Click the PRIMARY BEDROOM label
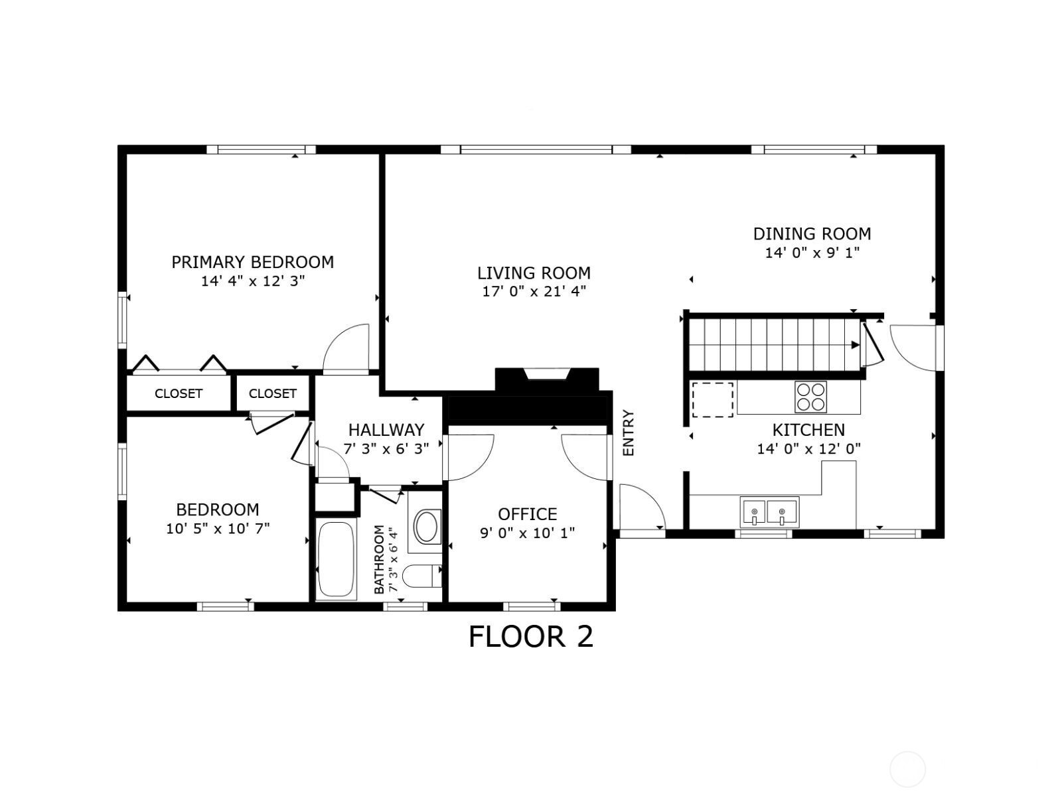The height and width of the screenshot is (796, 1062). pos(253,263)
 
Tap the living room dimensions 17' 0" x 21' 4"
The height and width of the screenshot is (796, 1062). pos(534,291)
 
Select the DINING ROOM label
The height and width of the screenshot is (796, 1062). pos(812,234)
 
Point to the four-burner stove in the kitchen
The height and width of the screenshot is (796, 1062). pos(810,397)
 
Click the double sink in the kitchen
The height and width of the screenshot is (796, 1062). pos(769,512)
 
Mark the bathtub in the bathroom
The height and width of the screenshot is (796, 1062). pos(337,559)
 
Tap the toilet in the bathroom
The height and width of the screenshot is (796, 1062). pos(422,576)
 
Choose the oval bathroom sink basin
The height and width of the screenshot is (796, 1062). pos(426,526)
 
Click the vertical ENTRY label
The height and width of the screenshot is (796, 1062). pos(628,433)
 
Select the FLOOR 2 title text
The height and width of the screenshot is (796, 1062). pos(531,637)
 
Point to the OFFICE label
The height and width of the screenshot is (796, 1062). pos(528,513)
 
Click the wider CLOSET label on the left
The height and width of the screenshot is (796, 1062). pos(179,393)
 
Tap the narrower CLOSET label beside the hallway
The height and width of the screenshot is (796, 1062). pos(272,393)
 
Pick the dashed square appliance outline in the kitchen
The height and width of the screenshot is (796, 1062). pos(713,400)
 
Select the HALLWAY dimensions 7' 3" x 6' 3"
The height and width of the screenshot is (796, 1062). pos(386,449)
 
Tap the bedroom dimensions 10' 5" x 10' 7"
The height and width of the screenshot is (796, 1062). pos(218,529)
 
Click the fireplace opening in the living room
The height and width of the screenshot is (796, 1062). pos(547,375)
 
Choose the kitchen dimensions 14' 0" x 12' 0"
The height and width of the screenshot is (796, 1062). pos(809,449)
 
